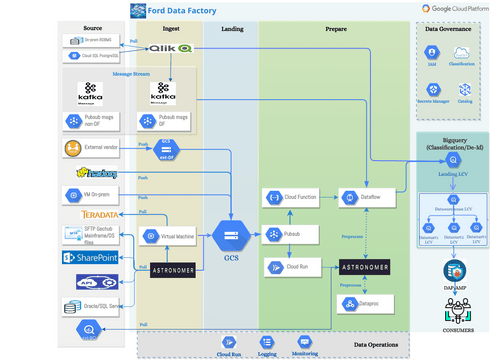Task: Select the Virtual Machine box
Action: (x=169, y=236)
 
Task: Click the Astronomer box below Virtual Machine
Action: (x=171, y=270)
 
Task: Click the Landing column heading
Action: (x=231, y=30)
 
